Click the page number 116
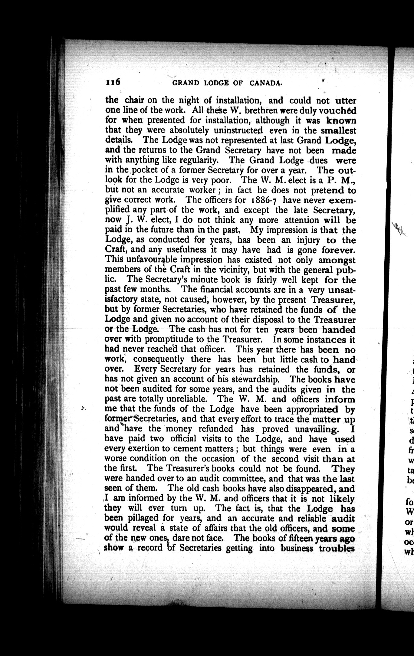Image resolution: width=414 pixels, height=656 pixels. coord(113,82)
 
